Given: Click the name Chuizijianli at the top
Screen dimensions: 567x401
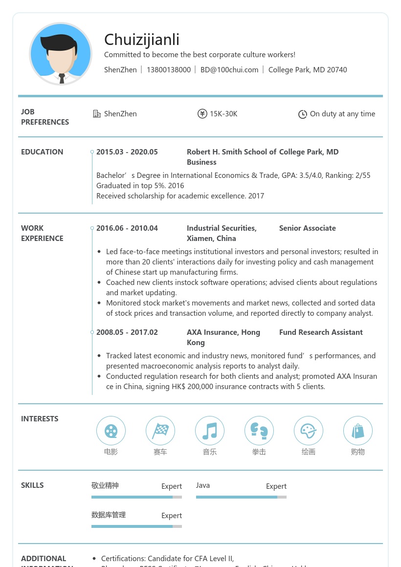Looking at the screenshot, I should click(x=142, y=40).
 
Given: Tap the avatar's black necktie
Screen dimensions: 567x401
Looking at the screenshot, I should click(x=62, y=78).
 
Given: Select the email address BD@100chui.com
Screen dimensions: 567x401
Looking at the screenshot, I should click(x=229, y=70).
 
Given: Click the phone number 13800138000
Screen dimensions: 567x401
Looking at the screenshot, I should click(x=169, y=70).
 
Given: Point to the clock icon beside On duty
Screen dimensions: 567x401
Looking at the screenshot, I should click(x=303, y=114).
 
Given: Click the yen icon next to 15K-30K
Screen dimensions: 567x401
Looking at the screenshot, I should click(x=202, y=114).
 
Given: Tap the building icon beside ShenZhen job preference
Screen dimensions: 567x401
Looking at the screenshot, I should click(x=97, y=114).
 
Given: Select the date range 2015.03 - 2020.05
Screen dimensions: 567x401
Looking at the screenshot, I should click(x=127, y=152).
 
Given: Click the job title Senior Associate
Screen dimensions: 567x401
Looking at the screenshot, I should click(x=308, y=228).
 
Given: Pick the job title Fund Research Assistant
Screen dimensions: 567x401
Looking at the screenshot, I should click(x=321, y=332).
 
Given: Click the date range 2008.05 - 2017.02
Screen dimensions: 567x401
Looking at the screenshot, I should click(x=127, y=332).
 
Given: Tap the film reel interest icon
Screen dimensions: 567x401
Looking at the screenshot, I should click(x=111, y=431).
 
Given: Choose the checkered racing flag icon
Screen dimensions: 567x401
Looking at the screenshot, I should click(x=160, y=431).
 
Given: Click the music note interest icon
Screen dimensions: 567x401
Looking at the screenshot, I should click(x=210, y=431).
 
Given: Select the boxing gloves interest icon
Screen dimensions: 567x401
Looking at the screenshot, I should click(x=259, y=431).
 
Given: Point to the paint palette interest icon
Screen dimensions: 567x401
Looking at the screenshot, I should click(x=309, y=431).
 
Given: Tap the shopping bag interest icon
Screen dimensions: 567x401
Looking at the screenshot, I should click(x=358, y=431).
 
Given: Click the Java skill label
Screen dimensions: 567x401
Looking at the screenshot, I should click(x=203, y=485).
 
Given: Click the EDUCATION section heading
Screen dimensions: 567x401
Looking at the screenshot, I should click(x=42, y=152).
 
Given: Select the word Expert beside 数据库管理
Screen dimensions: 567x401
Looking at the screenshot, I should click(x=172, y=516).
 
